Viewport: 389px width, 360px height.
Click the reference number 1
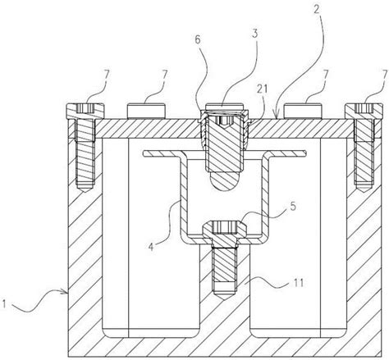[4, 304]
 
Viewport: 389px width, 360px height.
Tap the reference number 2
[317, 9]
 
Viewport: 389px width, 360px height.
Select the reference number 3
[255, 34]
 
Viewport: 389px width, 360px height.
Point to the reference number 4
[151, 247]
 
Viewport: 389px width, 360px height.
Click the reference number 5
[293, 206]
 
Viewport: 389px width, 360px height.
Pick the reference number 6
[198, 39]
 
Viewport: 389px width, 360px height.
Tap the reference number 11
[298, 282]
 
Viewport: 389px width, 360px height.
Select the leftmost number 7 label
[106, 75]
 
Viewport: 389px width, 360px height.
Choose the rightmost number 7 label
[385, 75]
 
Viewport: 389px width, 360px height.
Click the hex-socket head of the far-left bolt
[85, 112]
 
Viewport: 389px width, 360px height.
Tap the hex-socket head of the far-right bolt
[364, 112]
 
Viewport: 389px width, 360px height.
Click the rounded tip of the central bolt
[224, 182]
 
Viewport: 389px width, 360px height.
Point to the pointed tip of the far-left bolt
[85, 189]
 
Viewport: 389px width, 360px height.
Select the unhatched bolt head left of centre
[147, 111]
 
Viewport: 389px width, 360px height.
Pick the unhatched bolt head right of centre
[302, 111]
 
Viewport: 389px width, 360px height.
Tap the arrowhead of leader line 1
[66, 293]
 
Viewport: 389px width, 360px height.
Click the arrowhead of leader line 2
[278, 117]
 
